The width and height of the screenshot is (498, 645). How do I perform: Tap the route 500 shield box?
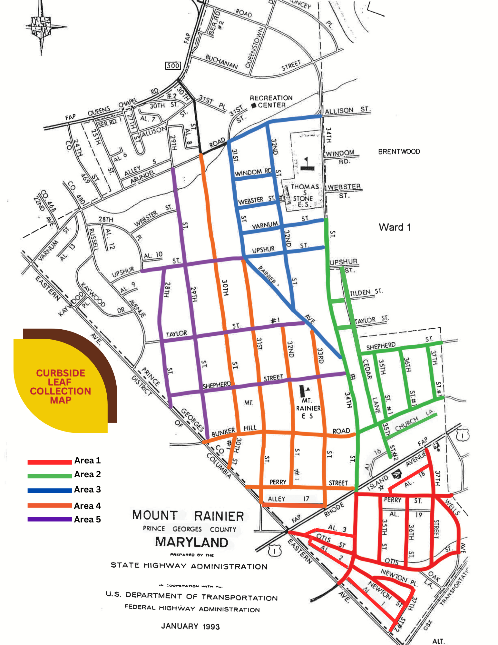pyautogui.click(x=173, y=65)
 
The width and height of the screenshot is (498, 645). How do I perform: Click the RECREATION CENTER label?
pyautogui.click(x=271, y=101)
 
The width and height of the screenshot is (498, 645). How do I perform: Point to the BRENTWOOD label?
pyautogui.click(x=399, y=152)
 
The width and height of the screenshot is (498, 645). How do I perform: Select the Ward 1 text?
pyautogui.click(x=395, y=227)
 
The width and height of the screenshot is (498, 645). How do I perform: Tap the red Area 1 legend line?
pyautogui.click(x=50, y=462)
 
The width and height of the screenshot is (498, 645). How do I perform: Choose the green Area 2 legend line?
pyautogui.click(x=50, y=476)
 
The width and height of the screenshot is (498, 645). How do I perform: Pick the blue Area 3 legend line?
pyautogui.click(x=50, y=491)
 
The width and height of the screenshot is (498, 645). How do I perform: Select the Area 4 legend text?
pyautogui.click(x=87, y=506)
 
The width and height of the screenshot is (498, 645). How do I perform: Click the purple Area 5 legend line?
pyautogui.click(x=50, y=519)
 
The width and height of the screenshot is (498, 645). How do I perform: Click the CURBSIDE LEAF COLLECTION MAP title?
pyautogui.click(x=61, y=386)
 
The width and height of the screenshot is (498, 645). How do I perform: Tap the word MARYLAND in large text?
pyautogui.click(x=191, y=542)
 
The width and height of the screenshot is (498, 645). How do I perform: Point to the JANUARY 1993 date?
pyautogui.click(x=190, y=626)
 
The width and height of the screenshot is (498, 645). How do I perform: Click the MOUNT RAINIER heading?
pyautogui.click(x=188, y=516)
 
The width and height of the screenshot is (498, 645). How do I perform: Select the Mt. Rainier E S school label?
pyautogui.click(x=308, y=408)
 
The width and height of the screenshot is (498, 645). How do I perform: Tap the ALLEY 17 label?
pyautogui.click(x=288, y=499)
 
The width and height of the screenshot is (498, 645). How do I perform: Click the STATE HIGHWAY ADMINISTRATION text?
pyautogui.click(x=189, y=566)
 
